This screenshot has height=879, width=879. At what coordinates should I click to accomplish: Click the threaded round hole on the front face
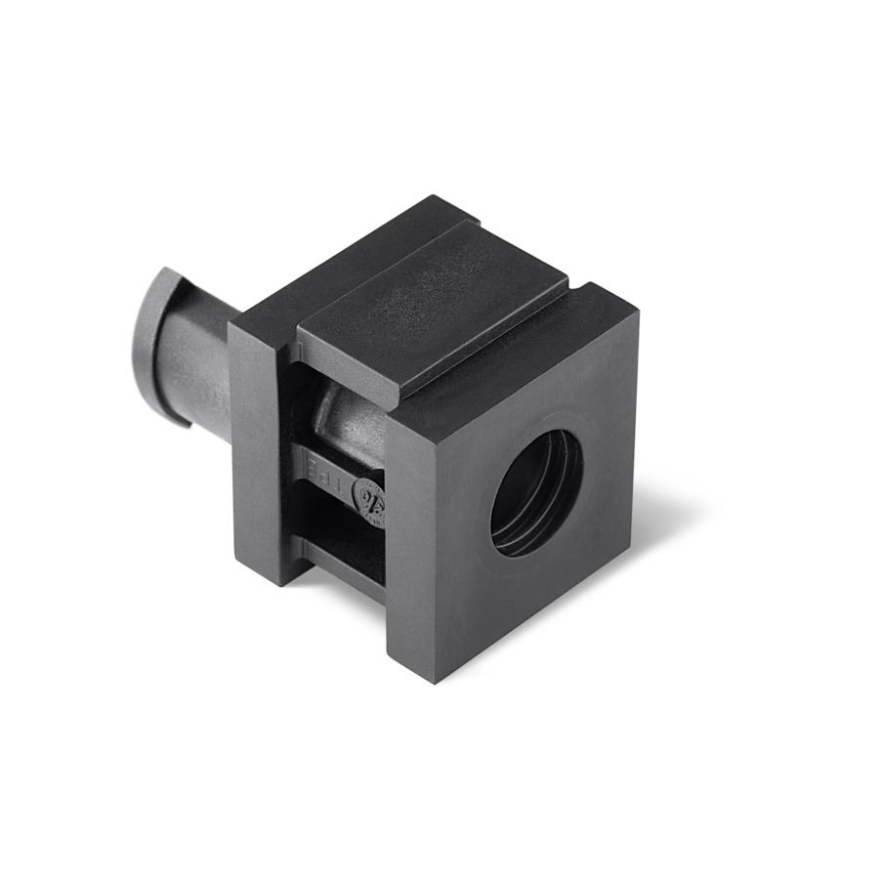(536, 492)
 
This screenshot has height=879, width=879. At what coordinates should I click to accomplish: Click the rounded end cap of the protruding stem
(156, 342)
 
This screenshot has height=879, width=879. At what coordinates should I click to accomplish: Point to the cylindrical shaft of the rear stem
(200, 366)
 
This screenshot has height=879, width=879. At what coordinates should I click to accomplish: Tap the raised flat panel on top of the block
(430, 303)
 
